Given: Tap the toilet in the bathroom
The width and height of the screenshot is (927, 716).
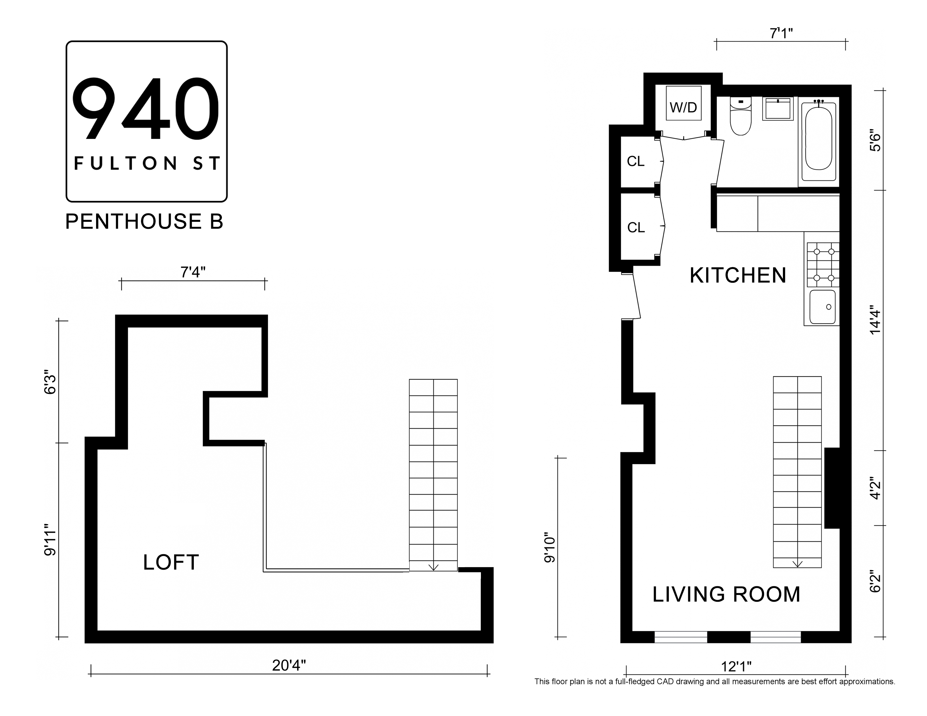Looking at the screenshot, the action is (741, 116).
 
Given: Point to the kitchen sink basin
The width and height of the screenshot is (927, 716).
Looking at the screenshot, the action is (823, 307).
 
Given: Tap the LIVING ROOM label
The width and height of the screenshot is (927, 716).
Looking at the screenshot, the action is (726, 594).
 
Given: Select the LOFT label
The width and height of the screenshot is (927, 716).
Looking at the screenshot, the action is (171, 562).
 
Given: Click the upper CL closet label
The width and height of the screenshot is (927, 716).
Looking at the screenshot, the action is (635, 161).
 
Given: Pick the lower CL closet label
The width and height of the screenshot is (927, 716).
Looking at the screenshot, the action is (636, 228).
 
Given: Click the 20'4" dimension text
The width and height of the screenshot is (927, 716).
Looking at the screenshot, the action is (289, 665).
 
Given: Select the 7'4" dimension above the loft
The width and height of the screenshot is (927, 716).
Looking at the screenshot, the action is (193, 272).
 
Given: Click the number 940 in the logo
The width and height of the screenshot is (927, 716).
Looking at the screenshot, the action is (146, 109).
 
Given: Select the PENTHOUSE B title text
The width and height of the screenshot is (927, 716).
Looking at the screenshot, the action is (144, 222).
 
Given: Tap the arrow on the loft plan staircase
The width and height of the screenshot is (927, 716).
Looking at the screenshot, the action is (433, 567).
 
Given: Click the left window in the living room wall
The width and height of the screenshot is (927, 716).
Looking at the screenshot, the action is (681, 649).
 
